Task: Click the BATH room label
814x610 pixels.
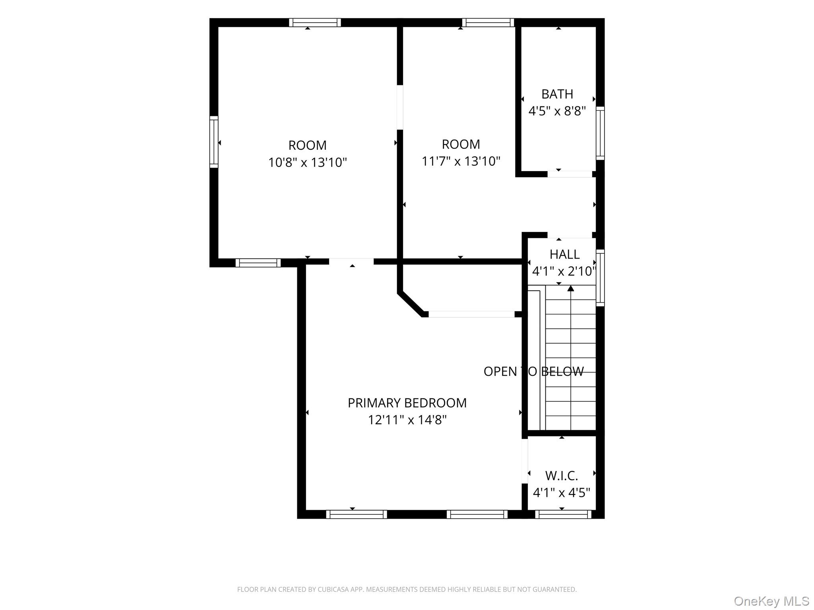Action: coord(557,94)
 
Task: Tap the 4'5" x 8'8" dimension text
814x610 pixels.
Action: coord(557,111)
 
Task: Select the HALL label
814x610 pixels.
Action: coord(564,254)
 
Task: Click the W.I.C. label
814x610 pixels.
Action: coord(562,475)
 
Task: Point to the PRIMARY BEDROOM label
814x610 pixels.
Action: coord(407,403)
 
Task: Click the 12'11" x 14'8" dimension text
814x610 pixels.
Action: coord(407,420)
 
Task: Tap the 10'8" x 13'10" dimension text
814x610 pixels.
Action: coord(308,162)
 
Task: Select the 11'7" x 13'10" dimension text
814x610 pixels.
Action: coord(461,161)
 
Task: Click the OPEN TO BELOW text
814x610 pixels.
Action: coord(534,371)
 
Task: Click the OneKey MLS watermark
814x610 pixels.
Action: coord(771,601)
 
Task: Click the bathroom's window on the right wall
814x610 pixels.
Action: coord(600,133)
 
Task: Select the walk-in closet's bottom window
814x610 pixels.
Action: coord(563,514)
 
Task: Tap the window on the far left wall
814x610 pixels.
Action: coord(214,142)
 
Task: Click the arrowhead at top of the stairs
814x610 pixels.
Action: coord(571,288)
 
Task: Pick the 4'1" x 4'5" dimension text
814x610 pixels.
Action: coord(562,493)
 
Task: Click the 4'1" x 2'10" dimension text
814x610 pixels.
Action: coord(564,271)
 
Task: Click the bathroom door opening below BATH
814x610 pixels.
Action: coord(570,174)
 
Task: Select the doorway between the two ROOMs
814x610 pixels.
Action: coord(400,107)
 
